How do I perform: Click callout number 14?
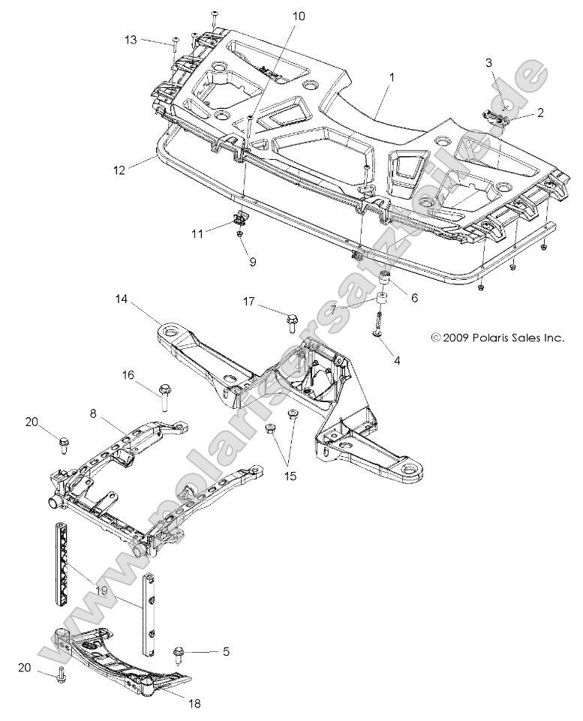(122, 300)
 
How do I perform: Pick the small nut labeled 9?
(239, 235)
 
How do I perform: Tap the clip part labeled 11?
(241, 218)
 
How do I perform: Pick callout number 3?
(489, 63)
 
